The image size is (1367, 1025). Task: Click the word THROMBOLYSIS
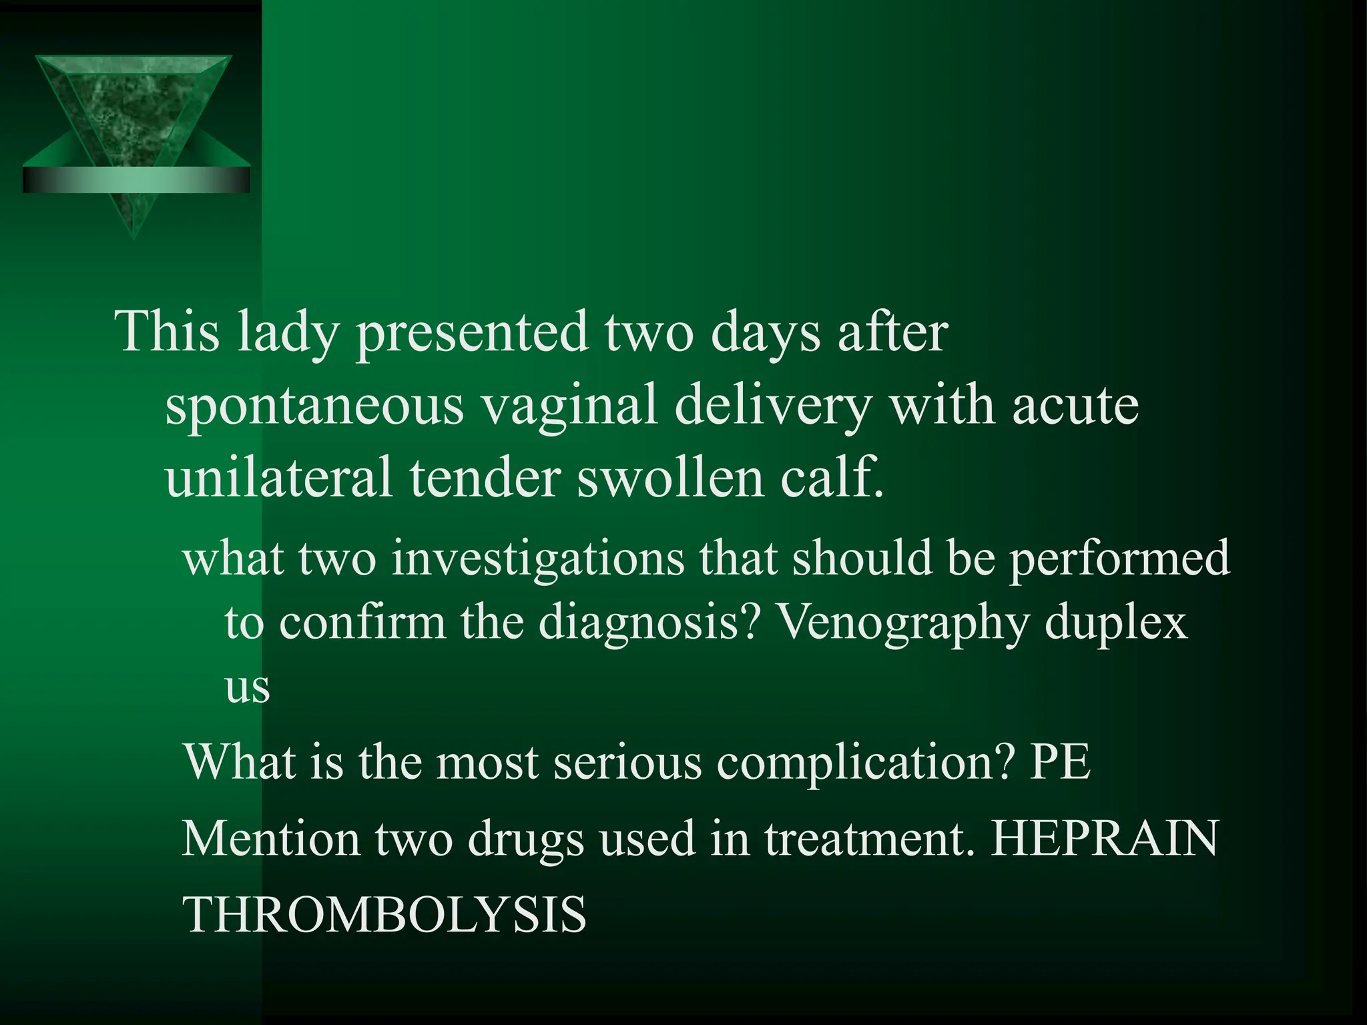click(x=384, y=914)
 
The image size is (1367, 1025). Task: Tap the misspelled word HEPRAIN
click(x=1105, y=838)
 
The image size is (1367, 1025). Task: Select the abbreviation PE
click(x=1060, y=762)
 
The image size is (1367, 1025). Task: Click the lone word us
click(x=247, y=687)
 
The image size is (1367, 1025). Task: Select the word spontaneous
click(x=314, y=407)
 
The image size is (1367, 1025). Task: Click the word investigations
click(x=537, y=559)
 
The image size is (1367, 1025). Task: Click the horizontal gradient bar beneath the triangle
click(x=136, y=180)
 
